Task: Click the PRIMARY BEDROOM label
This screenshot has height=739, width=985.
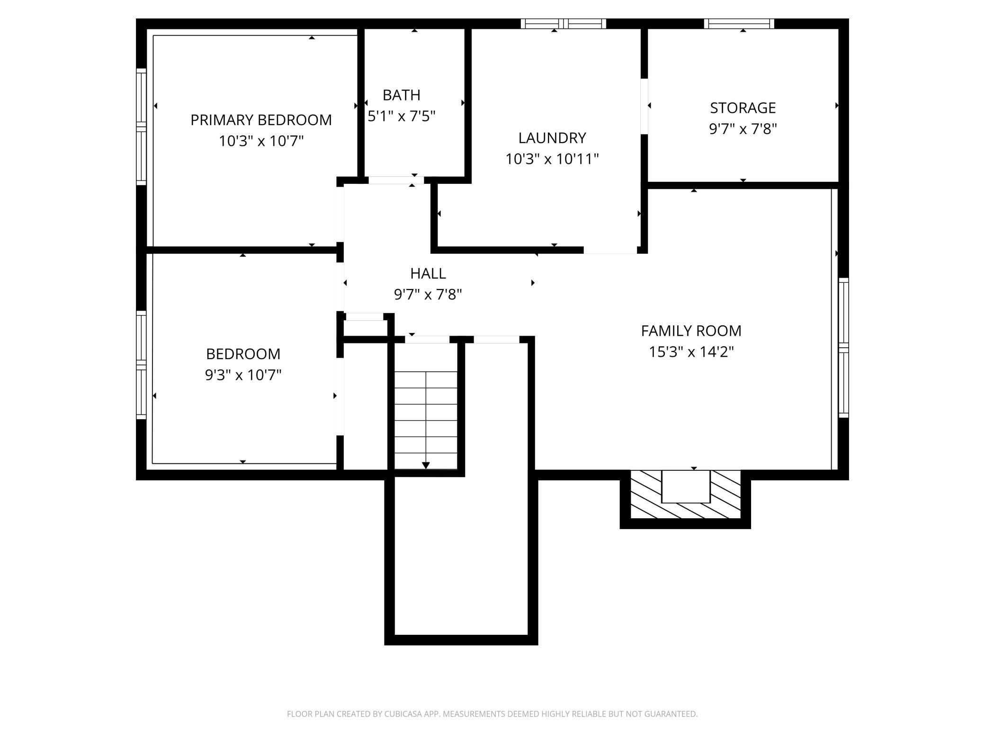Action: coord(261,120)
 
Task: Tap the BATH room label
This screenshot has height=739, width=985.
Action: coord(402,95)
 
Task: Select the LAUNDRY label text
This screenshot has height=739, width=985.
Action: coord(552,138)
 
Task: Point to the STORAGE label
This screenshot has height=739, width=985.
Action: coord(743,108)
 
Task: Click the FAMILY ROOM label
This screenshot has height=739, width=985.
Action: coord(691,331)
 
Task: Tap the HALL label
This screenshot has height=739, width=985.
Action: coord(428,273)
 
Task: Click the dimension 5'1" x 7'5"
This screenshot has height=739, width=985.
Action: coord(402,116)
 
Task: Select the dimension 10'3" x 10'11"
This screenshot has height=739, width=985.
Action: coord(552,159)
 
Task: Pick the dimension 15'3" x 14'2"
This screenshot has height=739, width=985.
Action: coord(691,352)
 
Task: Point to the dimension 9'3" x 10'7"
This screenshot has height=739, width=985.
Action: coord(243,375)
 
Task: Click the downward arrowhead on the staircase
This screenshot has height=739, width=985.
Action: coord(426,465)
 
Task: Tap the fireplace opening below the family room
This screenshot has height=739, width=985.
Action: coord(686,487)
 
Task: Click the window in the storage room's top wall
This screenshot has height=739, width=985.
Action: coord(739,24)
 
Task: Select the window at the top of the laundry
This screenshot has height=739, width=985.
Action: coord(564,24)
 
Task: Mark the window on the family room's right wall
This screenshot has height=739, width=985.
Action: coord(843,348)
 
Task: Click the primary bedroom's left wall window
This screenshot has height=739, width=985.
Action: coord(141,126)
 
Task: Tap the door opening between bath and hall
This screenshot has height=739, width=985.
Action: coord(396,180)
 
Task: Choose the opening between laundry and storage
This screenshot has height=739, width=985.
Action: coord(644,106)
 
